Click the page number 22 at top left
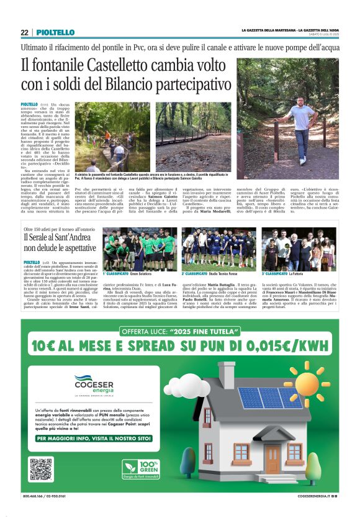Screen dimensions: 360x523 tap(24, 32)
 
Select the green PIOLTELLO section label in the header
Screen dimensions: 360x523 tap(55, 32)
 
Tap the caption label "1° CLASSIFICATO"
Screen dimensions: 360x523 tap(116, 273)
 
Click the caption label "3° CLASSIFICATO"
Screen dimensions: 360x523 tap(277, 273)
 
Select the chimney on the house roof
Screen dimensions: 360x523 tap(226, 375)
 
